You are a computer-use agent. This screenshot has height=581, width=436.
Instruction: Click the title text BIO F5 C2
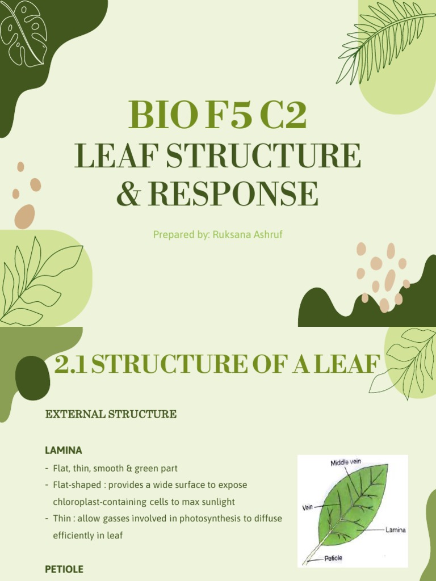[217, 115]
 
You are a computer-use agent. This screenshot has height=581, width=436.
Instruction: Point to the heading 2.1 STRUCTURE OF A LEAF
[216, 365]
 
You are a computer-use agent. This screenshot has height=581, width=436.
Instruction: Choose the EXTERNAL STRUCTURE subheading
[111, 414]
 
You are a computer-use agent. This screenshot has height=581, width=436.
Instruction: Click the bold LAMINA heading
[64, 450]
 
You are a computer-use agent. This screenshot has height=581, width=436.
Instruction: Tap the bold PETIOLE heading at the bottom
[64, 569]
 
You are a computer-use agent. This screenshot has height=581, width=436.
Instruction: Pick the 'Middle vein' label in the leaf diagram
[346, 462]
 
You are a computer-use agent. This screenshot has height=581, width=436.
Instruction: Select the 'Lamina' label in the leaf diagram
[395, 530]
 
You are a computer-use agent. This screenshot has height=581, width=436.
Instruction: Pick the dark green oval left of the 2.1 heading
[32, 378]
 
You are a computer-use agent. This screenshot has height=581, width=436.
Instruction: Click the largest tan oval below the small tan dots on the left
[24, 216]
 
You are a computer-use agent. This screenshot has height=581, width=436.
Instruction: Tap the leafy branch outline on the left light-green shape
[37, 280]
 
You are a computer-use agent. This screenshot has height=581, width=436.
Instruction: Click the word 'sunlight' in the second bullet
[217, 502]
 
